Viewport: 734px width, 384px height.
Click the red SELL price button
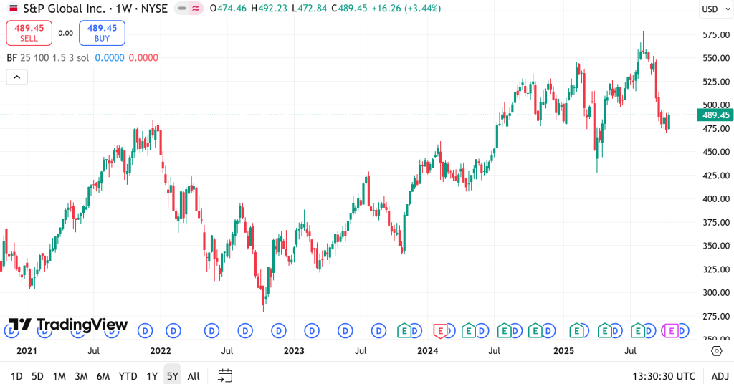[x=29, y=33]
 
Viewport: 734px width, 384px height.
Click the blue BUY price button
[x=103, y=33]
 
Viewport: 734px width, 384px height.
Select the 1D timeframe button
[x=16, y=376]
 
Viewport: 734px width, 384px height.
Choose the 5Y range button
[x=172, y=376]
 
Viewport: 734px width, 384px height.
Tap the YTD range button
[x=128, y=376]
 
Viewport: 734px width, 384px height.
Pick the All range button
[x=194, y=376]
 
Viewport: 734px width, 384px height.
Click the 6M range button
[x=103, y=376]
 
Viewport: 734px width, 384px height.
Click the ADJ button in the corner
[x=720, y=376]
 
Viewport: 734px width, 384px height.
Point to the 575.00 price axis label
[x=715, y=34]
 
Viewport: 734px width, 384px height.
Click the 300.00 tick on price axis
[x=715, y=292]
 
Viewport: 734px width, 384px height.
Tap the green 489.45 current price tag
[x=715, y=115]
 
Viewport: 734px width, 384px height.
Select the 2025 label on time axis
[x=564, y=351]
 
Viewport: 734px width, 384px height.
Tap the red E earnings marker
[x=441, y=331]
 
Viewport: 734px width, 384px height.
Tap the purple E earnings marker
[x=672, y=331]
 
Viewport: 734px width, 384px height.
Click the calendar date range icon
[x=225, y=376]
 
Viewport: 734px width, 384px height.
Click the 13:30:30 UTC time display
[x=664, y=376]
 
